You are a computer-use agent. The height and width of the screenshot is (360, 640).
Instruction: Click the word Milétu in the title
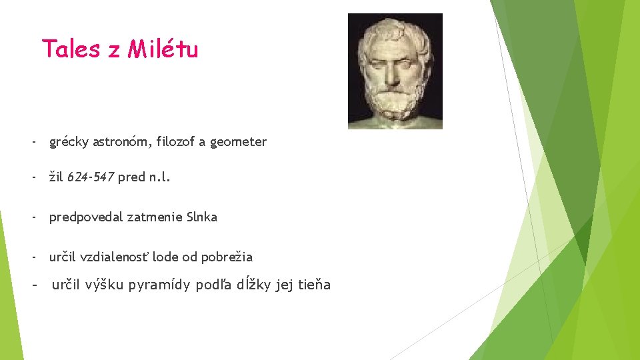coord(163,49)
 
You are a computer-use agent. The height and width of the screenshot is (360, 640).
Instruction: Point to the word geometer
coord(238,141)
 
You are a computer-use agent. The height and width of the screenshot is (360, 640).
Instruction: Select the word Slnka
coord(201,217)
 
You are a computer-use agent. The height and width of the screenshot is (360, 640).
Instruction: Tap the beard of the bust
coord(395,100)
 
